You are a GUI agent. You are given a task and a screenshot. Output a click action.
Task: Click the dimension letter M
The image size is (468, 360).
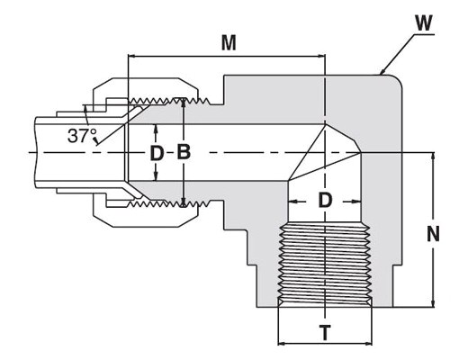229,43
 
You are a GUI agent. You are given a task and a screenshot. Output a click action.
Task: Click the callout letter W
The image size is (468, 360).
424,23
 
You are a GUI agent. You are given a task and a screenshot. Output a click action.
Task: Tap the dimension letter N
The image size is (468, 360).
433,234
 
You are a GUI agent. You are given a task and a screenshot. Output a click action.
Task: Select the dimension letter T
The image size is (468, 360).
325,332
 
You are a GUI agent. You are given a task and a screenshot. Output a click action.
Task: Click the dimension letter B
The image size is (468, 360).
184,152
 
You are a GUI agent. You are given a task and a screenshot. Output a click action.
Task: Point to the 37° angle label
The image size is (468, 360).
82,136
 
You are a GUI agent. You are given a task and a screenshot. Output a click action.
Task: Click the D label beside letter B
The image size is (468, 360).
157,153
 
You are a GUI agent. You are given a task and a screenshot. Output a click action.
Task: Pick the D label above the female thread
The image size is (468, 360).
325,201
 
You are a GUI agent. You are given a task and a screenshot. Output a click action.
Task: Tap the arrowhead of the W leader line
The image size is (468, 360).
382,72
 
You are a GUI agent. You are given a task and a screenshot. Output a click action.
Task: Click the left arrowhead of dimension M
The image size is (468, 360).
131,56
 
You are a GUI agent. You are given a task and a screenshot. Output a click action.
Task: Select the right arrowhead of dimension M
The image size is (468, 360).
321,56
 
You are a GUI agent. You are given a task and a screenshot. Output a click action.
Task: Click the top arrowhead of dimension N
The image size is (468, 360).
433,157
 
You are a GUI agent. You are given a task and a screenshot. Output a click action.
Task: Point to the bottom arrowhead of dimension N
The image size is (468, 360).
433,303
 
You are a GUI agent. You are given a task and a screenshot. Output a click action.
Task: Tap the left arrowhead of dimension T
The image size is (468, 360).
282,343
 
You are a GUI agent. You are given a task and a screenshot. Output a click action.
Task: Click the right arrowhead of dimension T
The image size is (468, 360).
368,343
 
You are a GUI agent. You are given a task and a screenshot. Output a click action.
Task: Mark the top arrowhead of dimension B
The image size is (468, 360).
184,102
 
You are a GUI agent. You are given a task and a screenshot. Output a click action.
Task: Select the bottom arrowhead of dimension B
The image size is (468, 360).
184,202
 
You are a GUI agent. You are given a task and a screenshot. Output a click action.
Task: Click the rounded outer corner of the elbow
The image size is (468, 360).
397,80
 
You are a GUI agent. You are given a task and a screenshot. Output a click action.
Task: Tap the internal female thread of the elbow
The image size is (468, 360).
325,264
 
